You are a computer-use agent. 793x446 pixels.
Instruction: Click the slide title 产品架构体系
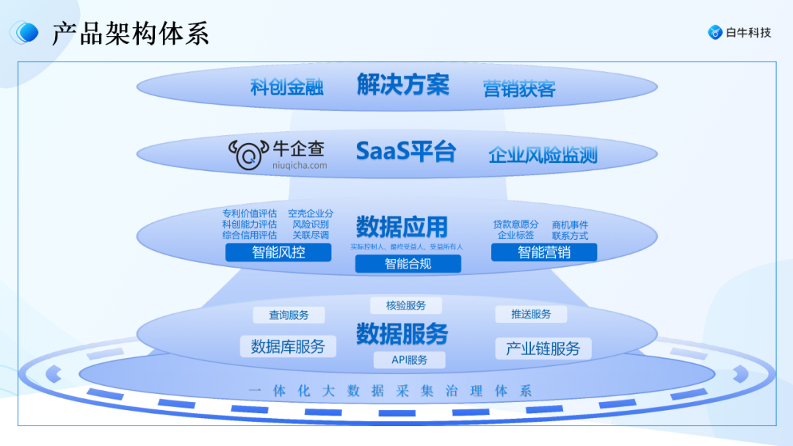tap(130, 33)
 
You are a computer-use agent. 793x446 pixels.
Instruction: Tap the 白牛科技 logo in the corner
tap(739, 32)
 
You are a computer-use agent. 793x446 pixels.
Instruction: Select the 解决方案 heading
tap(402, 85)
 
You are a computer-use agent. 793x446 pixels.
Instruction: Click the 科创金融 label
tap(286, 88)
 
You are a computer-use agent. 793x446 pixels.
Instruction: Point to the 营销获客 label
tap(519, 89)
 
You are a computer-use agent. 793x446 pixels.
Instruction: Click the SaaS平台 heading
tap(405, 151)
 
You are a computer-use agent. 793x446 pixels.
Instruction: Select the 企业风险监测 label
tap(543, 155)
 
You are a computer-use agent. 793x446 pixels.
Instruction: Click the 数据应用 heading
tap(402, 226)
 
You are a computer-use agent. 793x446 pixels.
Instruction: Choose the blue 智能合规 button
tap(408, 264)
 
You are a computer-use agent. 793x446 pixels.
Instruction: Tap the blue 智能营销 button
tap(543, 252)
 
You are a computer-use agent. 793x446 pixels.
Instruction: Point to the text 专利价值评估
tap(250, 213)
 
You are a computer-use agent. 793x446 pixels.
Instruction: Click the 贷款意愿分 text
tap(515, 224)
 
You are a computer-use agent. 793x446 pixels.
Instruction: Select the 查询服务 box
tap(289, 315)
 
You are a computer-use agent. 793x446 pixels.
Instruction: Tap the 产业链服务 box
tap(543, 348)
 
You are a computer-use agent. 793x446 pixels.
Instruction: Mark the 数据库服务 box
tap(288, 346)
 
